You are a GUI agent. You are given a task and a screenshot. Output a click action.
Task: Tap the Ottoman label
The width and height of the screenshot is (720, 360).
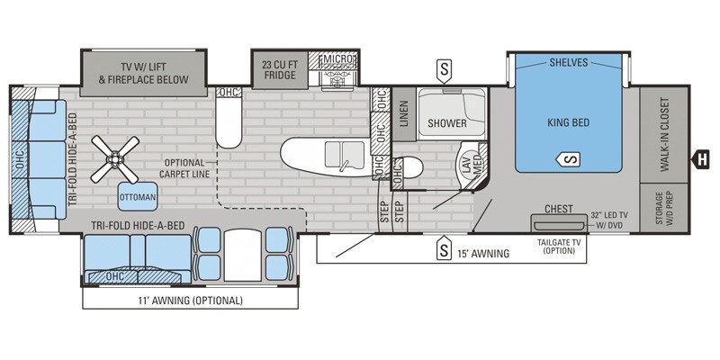click(136, 197)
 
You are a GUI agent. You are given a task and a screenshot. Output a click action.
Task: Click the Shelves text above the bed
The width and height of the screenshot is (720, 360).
click(568, 62)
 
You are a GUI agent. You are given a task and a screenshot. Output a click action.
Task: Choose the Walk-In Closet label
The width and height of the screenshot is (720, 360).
click(665, 134)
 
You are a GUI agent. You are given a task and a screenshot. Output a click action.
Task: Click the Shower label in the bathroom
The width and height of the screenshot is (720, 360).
click(447, 123)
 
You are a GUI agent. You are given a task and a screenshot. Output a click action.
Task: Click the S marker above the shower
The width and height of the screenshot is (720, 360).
click(443, 67)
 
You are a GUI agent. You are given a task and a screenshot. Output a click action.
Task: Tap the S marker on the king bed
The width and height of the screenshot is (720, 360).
click(570, 159)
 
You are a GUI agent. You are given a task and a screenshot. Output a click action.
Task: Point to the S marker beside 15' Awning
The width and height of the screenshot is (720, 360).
click(444, 249)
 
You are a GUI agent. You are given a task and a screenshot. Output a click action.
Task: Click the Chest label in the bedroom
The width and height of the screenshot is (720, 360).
click(559, 208)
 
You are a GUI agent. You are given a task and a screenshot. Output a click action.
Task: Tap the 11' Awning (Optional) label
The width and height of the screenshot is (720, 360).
click(191, 301)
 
